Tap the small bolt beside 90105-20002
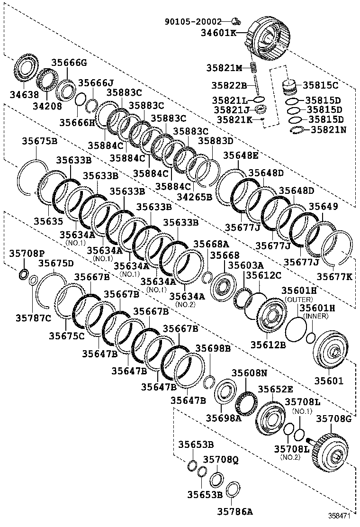pyautogui.click(x=235, y=20)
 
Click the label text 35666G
pyautogui.click(x=69, y=62)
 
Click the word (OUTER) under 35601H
pyautogui.click(x=298, y=300)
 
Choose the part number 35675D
pyautogui.click(x=56, y=263)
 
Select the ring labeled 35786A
pyautogui.click(x=232, y=489)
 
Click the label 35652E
pyautogui.click(x=275, y=389)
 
